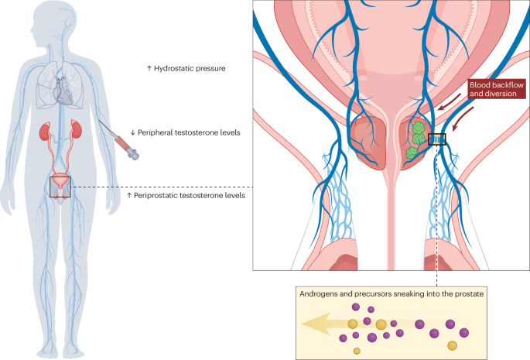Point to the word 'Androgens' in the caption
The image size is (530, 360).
(x=320, y=293)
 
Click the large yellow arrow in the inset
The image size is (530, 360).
(x=333, y=324)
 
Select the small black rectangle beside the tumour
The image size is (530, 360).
(x=438, y=140)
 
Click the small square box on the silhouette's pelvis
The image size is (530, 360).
(x=60, y=187)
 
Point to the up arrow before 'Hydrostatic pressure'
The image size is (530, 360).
(x=149, y=69)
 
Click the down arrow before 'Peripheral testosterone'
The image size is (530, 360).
(x=134, y=133)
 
